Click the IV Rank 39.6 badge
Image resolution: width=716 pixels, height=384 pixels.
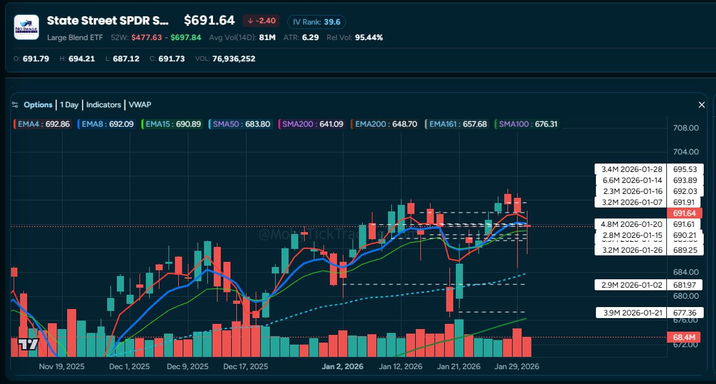tap(316, 21)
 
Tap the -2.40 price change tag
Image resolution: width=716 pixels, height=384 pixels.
tap(261, 21)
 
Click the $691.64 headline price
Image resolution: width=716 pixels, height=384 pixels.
tap(209, 21)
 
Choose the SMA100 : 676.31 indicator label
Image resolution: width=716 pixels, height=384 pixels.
tap(527, 123)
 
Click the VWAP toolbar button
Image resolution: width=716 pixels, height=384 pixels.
tap(139, 105)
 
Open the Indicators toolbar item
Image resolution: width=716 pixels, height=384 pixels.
tap(103, 105)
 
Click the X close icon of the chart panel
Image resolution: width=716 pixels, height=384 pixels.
tap(702, 105)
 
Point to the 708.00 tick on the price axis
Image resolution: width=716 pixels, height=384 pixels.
tap(686, 128)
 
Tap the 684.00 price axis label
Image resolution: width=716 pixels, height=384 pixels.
tap(686, 272)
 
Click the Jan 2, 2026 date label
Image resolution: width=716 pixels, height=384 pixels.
tap(343, 367)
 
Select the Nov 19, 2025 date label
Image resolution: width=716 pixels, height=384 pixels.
tap(62, 367)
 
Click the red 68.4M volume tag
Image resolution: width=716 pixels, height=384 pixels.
tap(685, 337)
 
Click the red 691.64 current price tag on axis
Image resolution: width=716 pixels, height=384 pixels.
tap(685, 213)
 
